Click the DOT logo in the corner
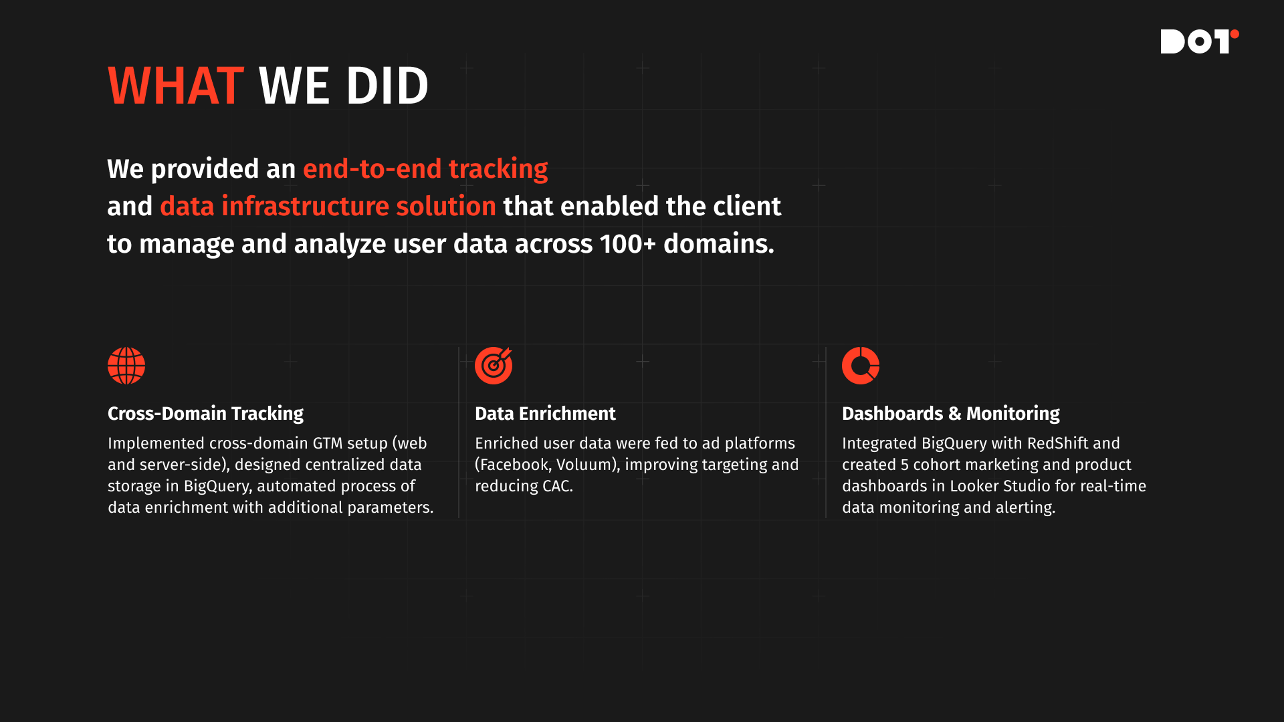1200,41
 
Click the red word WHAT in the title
176,86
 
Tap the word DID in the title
387,86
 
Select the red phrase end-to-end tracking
425,169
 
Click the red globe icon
126,366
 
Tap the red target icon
494,366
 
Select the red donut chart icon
861,366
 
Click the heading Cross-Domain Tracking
205,414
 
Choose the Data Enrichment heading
545,414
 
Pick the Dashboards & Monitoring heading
951,414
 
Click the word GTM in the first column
328,443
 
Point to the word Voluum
584,465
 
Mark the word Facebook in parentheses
514,465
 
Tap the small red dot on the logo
1235,34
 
